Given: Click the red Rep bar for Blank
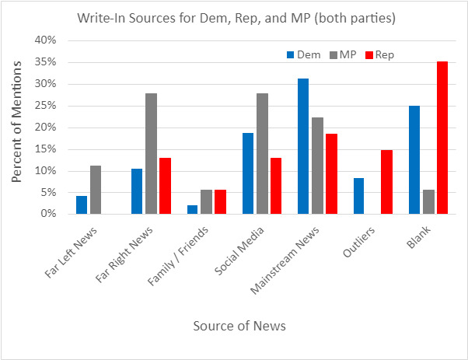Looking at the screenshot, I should [442, 137].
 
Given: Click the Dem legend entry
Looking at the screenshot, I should [304, 54].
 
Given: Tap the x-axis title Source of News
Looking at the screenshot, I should [239, 326].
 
